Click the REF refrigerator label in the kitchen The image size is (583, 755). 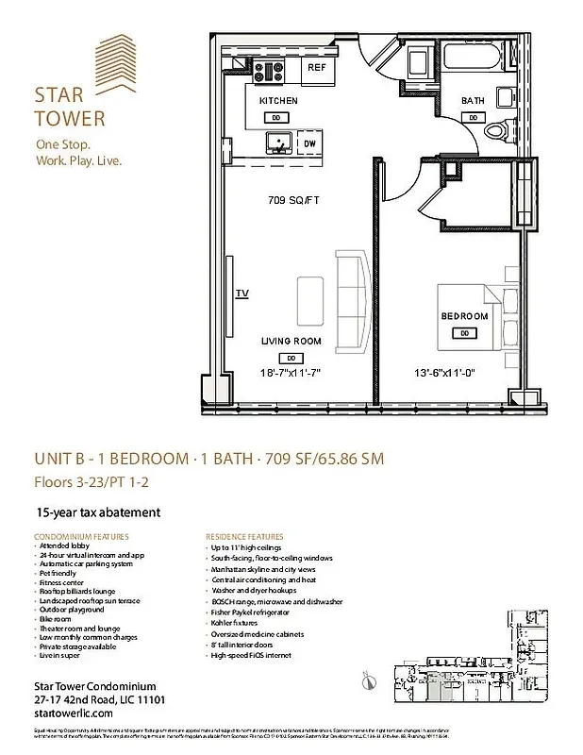316,68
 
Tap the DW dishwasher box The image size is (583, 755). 308,143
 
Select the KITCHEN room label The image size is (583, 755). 278,101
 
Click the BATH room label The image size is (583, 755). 473,101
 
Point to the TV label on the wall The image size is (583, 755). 242,294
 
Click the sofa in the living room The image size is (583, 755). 351,300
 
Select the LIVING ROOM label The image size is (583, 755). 291,342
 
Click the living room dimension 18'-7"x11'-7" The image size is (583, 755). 291,372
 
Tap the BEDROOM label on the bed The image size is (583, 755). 464,316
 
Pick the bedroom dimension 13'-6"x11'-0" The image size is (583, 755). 443,372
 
